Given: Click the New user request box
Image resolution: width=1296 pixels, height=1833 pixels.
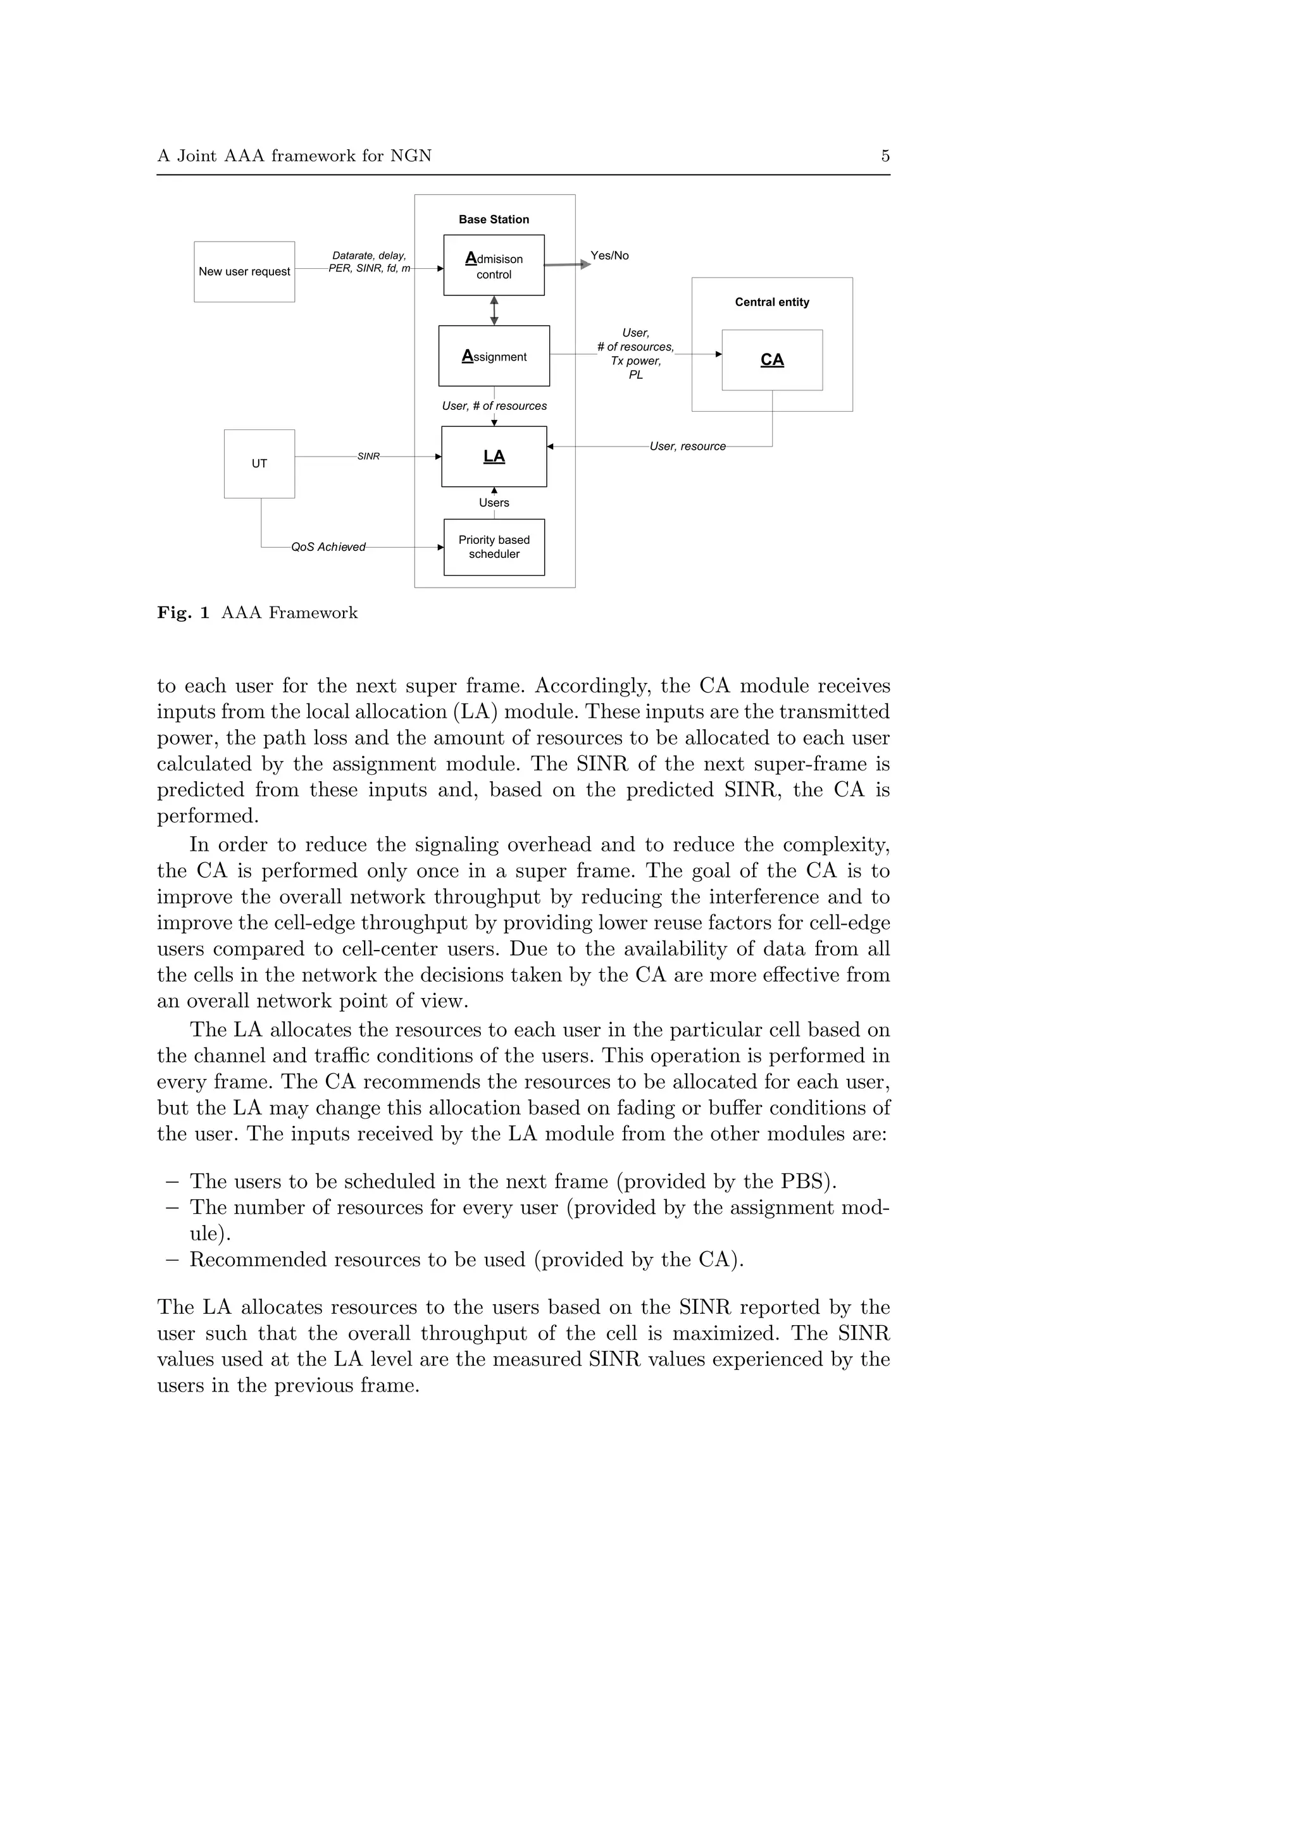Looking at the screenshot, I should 244,271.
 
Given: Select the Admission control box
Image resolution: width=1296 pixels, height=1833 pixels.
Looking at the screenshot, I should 494,265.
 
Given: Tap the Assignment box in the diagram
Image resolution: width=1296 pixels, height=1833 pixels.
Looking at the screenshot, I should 494,356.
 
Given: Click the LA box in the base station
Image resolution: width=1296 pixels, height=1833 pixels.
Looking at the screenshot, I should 494,457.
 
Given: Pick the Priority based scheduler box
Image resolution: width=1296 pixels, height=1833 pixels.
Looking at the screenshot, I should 494,547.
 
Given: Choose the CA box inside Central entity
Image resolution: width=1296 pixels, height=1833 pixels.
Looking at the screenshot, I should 771,360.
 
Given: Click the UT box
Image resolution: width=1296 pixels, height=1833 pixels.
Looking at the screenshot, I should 259,464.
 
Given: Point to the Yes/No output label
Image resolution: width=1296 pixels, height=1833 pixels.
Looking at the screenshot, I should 609,256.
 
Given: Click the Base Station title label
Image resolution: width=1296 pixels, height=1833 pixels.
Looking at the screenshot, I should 494,219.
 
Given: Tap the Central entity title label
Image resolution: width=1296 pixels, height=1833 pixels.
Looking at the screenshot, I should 771,302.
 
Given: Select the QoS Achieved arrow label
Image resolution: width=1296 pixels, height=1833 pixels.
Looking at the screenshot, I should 328,547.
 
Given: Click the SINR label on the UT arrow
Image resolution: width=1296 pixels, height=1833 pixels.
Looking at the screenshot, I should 368,457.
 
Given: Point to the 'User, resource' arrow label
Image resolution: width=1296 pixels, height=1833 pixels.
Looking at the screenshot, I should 687,447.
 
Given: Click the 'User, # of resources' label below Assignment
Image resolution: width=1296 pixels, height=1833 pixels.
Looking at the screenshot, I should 494,405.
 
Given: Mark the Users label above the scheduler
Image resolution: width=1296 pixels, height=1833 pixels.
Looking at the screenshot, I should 494,503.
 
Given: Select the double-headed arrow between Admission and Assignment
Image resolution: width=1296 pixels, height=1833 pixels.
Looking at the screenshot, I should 494,311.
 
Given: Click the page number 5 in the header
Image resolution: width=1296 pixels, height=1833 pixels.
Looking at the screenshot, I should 885,156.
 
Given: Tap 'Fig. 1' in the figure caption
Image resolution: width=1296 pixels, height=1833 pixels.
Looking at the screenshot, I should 183,612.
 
